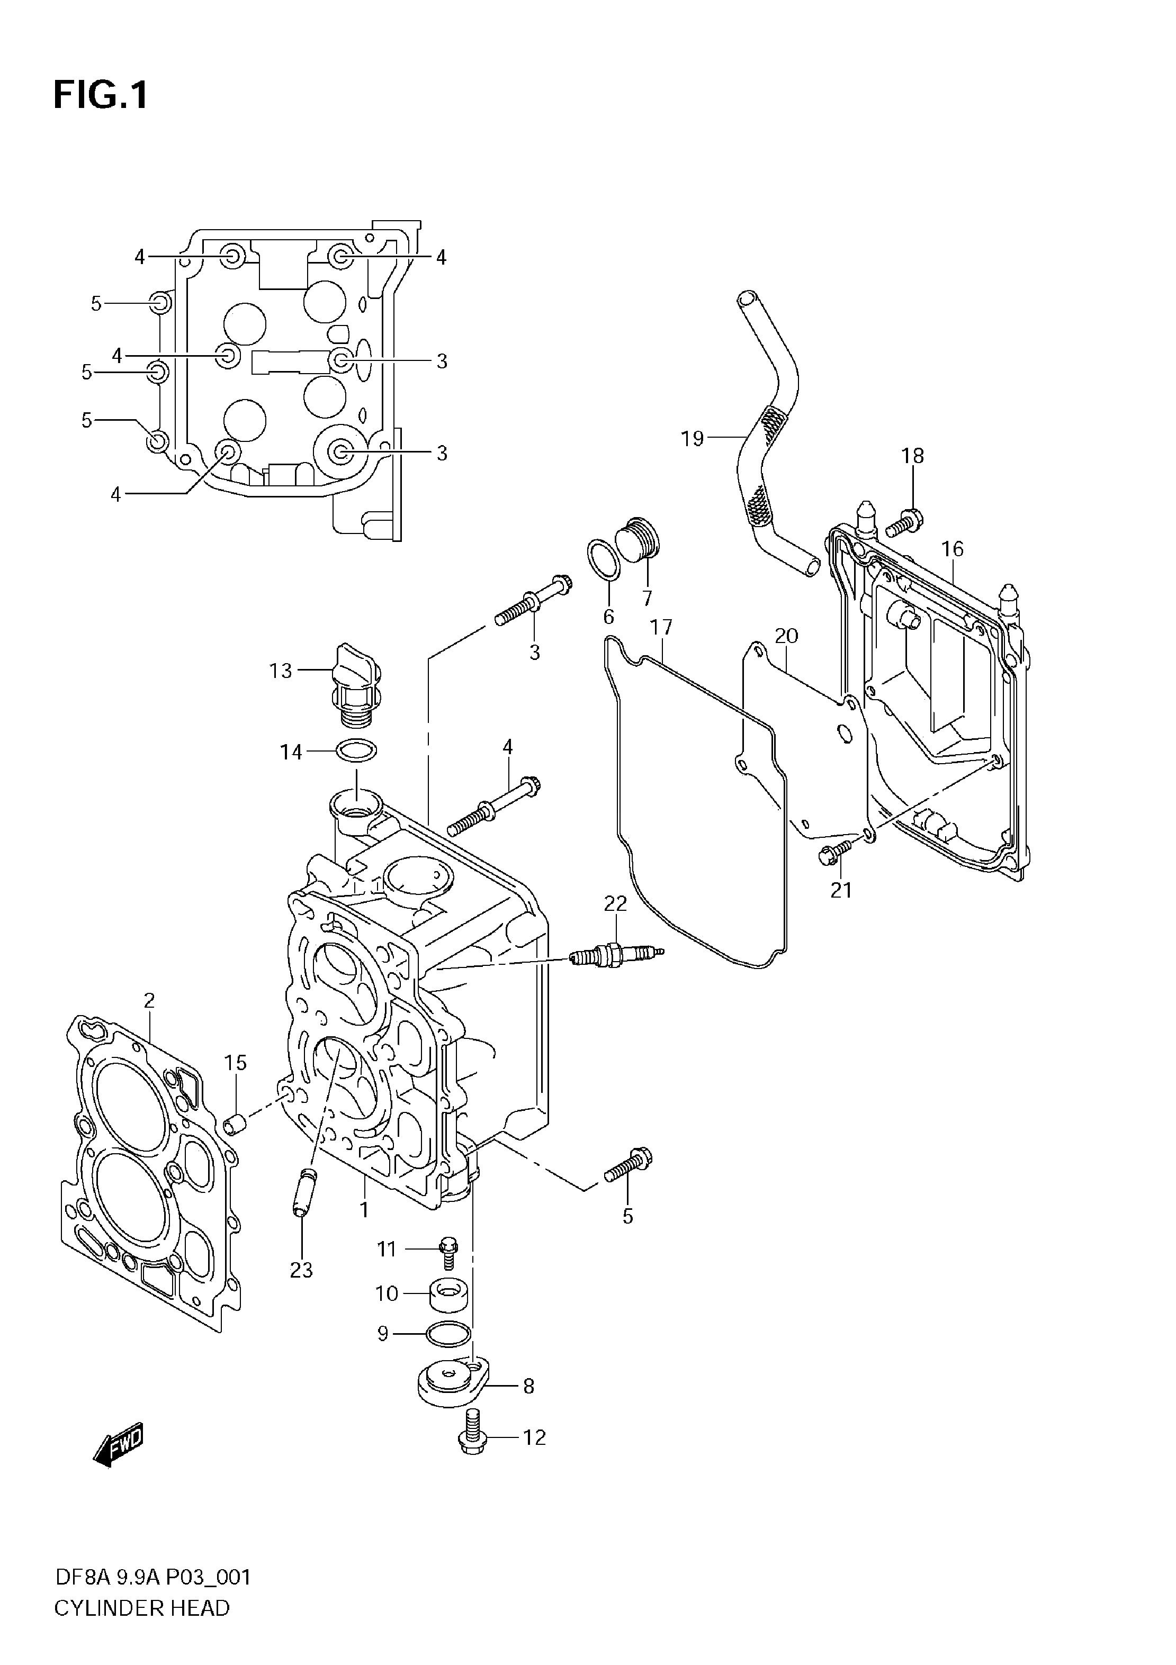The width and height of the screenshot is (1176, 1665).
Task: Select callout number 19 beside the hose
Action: tap(693, 439)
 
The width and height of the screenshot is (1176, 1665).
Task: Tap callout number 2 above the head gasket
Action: tap(149, 1001)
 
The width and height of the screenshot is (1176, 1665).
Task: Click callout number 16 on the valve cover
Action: tap(953, 549)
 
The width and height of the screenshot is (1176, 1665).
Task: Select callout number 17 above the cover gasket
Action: tap(661, 627)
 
